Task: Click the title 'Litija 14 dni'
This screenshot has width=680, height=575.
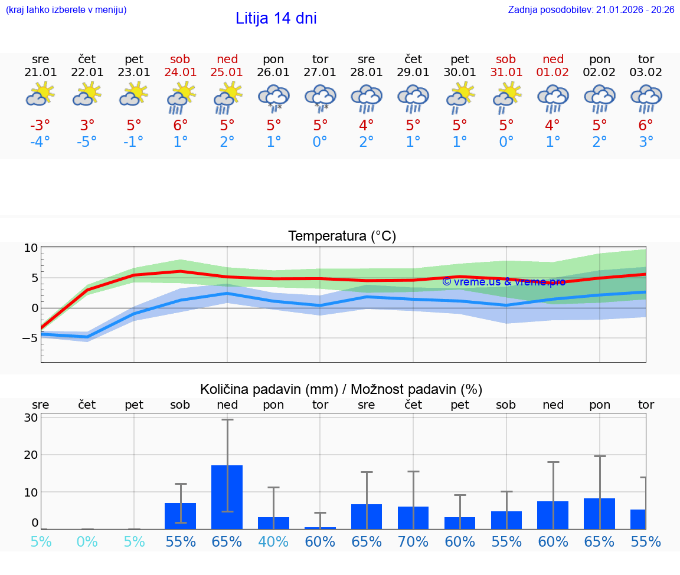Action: [276, 18]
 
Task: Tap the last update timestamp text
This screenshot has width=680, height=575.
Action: [591, 9]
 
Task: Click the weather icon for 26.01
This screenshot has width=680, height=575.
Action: [273, 97]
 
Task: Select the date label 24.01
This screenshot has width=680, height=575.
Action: [181, 73]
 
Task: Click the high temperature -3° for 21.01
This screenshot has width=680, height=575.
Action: [41, 126]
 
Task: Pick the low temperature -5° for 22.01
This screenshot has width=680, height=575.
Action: [87, 142]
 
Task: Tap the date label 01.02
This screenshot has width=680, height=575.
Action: [553, 73]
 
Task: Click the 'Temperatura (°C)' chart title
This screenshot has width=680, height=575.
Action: [342, 236]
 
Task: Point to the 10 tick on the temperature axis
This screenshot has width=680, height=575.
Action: [31, 248]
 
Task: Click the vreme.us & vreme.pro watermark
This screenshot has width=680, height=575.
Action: [504, 282]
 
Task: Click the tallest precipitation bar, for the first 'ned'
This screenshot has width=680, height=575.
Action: [227, 497]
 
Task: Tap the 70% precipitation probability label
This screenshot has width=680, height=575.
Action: [413, 541]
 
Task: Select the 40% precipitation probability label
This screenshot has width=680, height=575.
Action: [273, 541]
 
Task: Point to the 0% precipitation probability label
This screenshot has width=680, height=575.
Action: [87, 541]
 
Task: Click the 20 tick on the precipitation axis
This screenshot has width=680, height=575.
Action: [31, 455]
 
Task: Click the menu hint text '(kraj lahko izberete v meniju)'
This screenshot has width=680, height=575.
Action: [66, 9]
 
